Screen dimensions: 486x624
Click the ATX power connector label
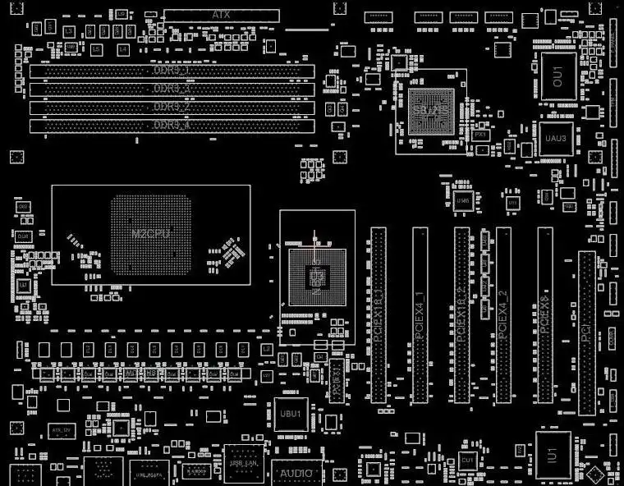220,15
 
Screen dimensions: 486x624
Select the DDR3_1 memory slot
172,71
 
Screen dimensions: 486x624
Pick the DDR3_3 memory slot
172,89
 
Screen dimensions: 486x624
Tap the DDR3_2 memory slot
172,108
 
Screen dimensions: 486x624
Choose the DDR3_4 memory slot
172,126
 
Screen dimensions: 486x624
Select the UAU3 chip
556,138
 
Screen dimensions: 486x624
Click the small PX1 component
480,134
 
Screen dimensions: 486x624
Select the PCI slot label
586,332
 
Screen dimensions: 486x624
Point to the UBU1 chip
291,413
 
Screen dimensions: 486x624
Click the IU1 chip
553,454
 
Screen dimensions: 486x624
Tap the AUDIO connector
296,474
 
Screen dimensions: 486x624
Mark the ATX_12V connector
59,429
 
